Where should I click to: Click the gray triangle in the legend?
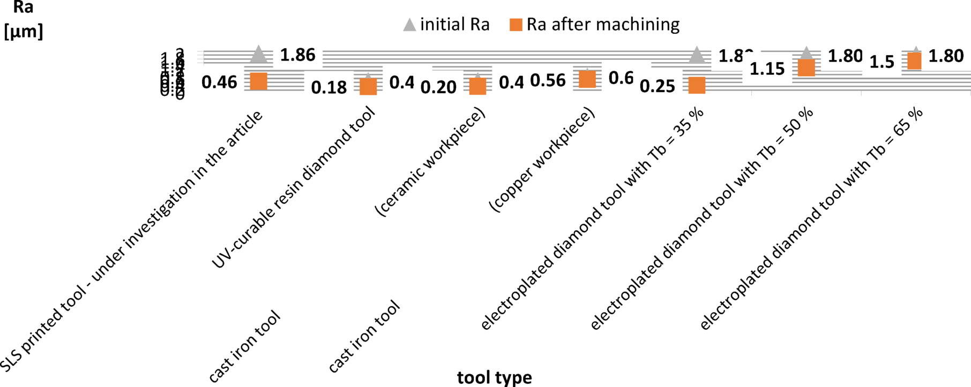[409, 25]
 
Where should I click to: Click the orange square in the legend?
[516, 25]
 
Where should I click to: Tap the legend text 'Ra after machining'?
[603, 24]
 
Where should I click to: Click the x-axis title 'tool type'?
[494, 377]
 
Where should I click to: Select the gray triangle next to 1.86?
[259, 54]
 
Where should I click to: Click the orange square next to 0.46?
[259, 81]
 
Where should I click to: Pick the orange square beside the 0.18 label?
[368, 86]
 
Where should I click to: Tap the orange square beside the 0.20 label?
[477, 86]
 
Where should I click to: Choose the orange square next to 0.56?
[587, 79]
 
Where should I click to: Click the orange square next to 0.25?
[697, 85]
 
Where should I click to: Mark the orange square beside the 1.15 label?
[806, 68]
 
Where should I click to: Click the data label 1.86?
[298, 55]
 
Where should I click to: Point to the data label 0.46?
[219, 82]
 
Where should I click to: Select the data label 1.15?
[767, 69]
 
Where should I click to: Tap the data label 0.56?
[548, 80]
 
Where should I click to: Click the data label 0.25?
[658, 86]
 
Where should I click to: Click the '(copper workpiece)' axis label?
[542, 161]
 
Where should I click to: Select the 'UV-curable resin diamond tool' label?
[294, 187]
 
